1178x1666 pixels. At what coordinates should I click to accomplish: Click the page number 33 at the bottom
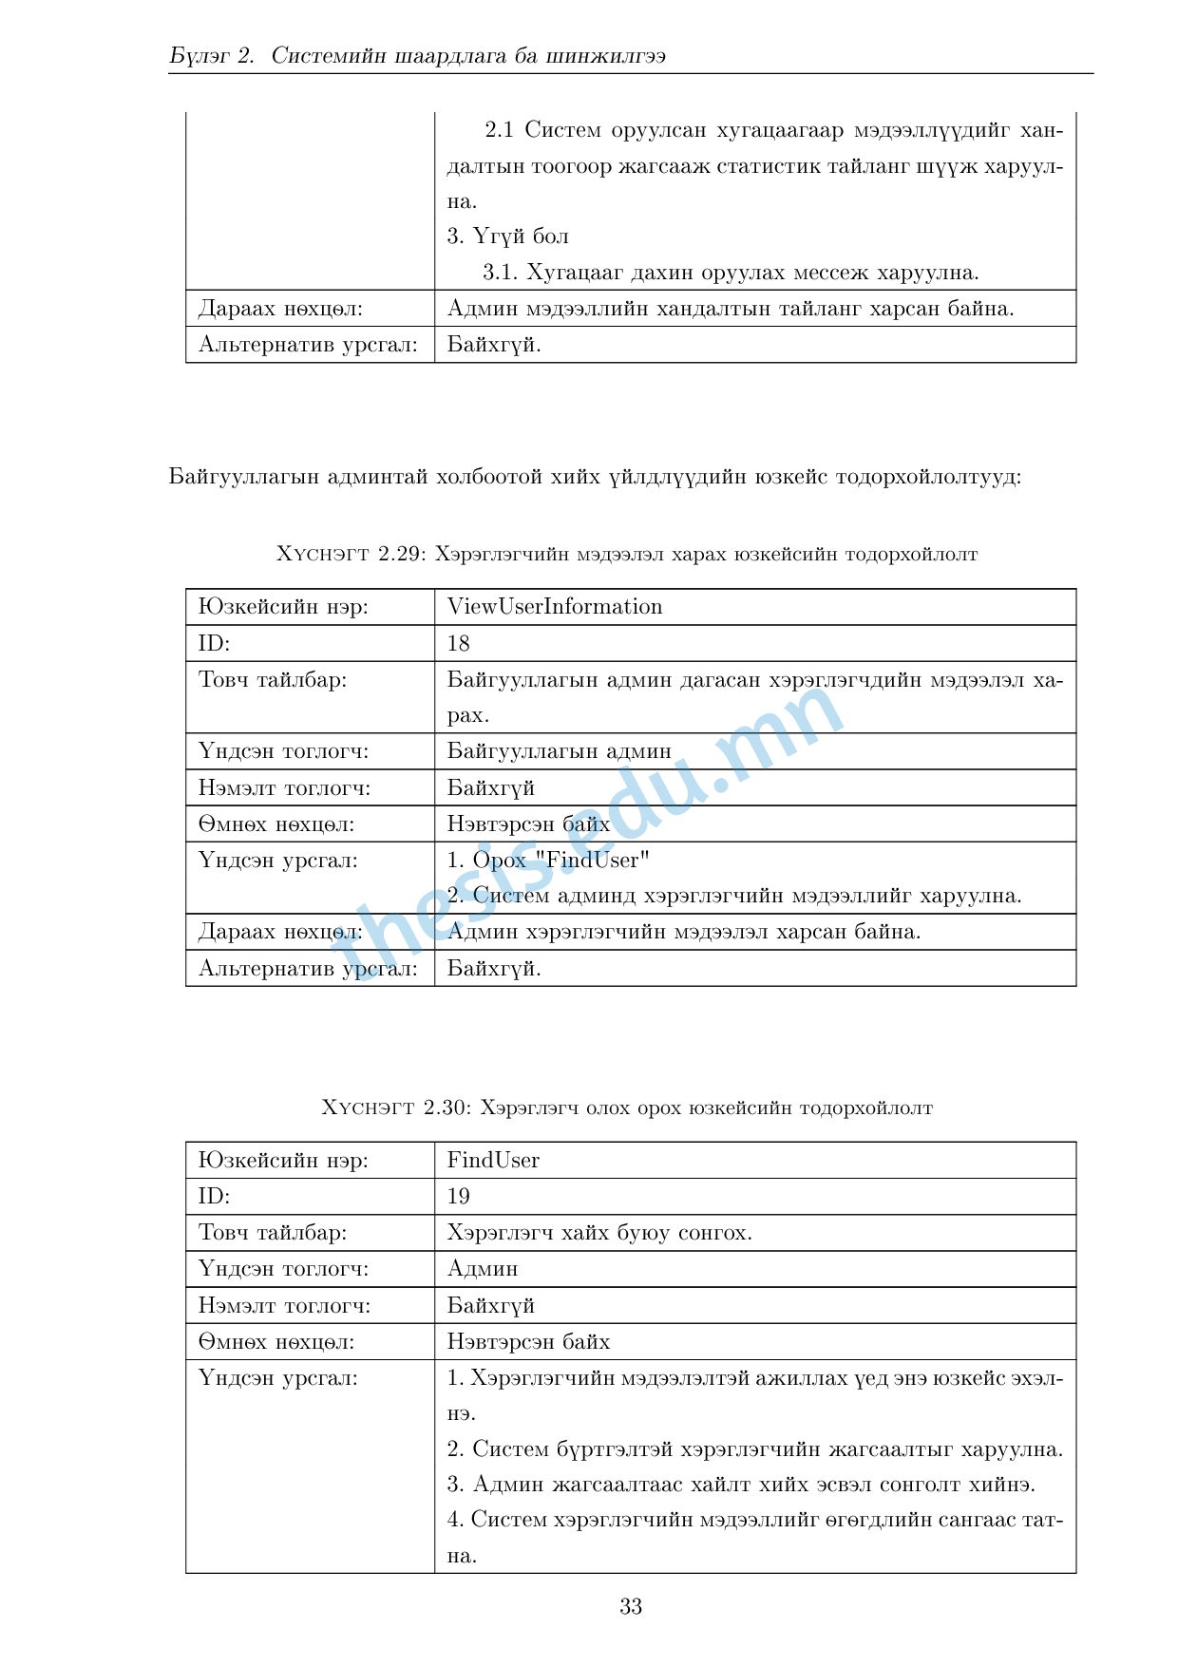coord(631,1606)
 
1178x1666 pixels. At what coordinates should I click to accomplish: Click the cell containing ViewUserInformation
coord(555,607)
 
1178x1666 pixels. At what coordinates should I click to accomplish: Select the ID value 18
coord(459,644)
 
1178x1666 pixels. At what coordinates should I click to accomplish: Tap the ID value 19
coord(459,1197)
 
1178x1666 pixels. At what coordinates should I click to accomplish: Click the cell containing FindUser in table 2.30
coord(493,1161)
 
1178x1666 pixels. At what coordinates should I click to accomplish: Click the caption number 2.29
coord(400,554)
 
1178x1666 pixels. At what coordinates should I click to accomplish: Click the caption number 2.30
coord(446,1108)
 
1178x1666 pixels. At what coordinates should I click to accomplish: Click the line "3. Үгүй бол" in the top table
coord(508,237)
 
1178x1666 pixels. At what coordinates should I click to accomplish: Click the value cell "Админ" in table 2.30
coord(483,1269)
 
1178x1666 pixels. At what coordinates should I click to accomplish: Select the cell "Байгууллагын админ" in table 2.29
coord(560,751)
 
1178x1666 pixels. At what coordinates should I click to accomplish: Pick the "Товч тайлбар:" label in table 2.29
coord(273,680)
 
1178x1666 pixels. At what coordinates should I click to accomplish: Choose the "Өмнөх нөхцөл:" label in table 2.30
coord(276,1342)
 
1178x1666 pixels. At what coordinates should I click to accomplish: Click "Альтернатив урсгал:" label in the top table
coord(308,345)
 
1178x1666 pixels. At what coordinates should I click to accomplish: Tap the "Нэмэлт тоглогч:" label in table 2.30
coord(284,1306)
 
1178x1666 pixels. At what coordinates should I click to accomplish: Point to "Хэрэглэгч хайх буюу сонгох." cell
coord(599,1233)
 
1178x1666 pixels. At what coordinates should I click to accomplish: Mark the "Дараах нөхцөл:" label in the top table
coord(280,309)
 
